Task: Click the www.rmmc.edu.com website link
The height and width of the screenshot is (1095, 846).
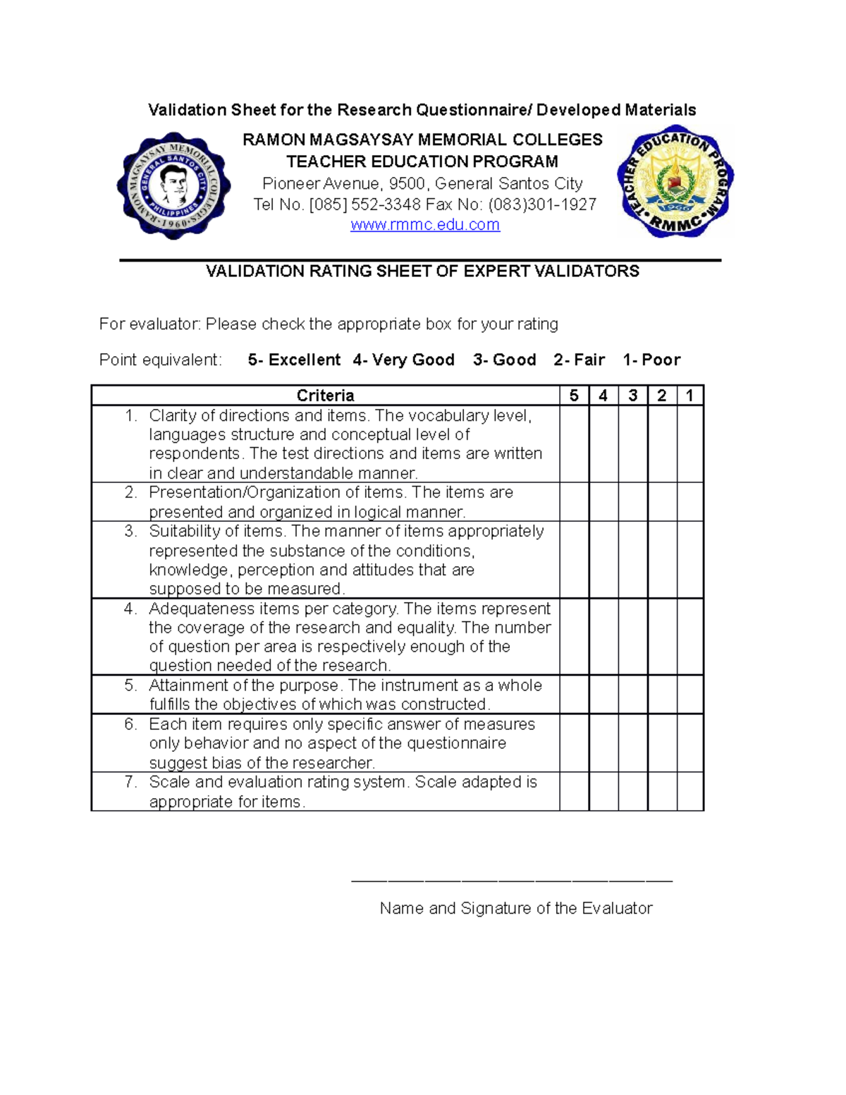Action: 425,225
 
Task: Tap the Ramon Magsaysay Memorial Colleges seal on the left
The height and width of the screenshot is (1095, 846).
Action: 173,186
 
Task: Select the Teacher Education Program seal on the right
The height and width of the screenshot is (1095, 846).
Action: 675,182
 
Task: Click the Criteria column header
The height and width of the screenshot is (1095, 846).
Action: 325,396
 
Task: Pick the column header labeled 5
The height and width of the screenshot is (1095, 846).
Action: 574,396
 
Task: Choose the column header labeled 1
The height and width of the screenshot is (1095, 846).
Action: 689,396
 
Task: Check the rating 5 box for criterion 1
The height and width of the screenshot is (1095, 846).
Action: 574,443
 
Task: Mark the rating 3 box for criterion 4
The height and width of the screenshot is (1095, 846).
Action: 632,637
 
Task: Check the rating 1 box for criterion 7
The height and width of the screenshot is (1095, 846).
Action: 689,791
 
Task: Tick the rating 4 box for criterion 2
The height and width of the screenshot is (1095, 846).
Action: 603,502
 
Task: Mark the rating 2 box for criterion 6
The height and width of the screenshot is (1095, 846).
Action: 661,743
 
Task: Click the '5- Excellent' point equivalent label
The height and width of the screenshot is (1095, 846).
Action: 294,360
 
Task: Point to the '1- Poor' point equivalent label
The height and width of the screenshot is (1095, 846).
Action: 651,360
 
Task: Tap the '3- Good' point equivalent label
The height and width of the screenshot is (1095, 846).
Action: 504,360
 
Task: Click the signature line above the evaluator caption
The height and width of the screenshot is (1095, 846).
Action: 512,881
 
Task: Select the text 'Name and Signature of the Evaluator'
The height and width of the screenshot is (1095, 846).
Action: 515,908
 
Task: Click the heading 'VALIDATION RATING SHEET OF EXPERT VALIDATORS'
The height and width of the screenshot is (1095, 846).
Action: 422,271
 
